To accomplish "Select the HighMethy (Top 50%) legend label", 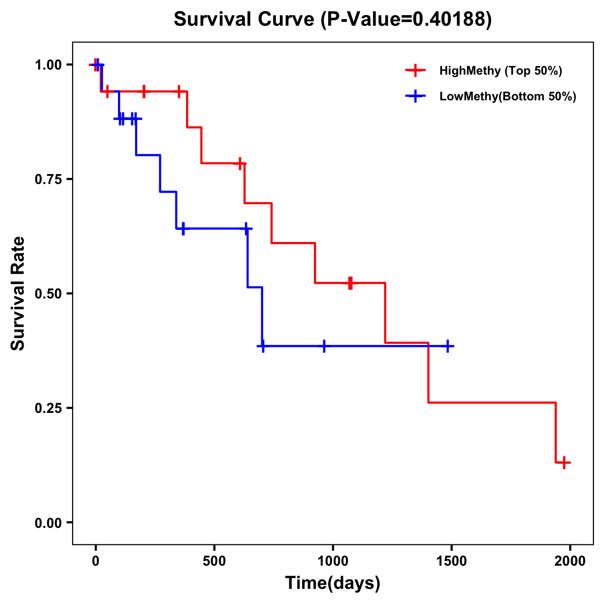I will (500, 71).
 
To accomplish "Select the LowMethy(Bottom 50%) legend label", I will (507, 96).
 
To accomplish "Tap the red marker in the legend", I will (415, 71).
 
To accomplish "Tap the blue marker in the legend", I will (415, 96).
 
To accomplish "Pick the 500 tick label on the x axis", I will (214, 561).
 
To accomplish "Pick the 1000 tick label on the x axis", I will (333, 561).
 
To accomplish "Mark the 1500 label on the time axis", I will (451, 561).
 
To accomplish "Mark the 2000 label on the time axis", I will (570, 561).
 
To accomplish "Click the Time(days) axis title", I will (333, 583).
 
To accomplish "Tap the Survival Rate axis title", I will (18, 293).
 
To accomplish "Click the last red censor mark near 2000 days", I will (565, 462).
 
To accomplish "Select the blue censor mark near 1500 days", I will (447, 346).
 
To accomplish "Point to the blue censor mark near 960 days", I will (324, 346).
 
